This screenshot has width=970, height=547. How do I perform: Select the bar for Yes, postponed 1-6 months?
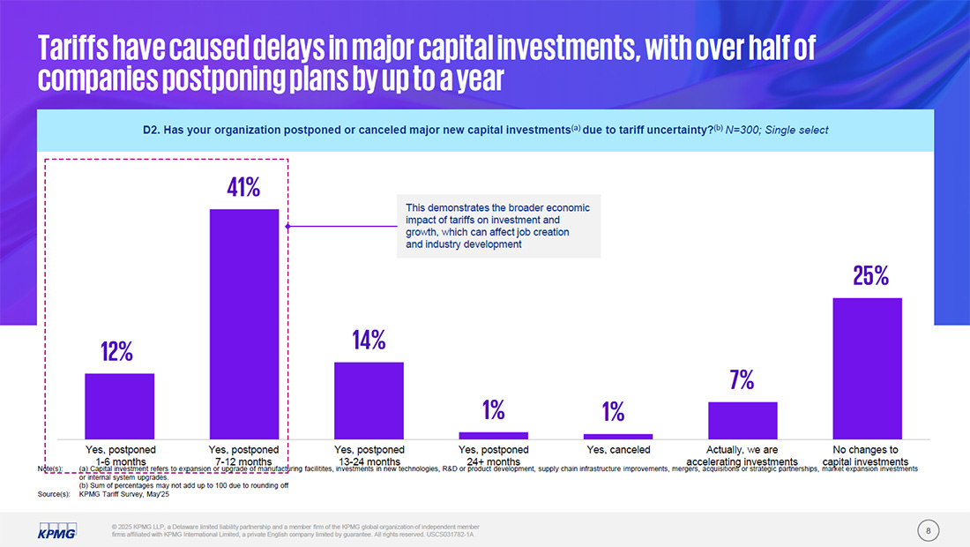[x=119, y=406]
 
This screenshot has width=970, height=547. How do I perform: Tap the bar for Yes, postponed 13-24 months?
[x=369, y=400]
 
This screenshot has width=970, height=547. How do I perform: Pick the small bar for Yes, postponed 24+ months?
[x=493, y=435]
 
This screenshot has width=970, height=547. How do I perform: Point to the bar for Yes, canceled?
[x=617, y=436]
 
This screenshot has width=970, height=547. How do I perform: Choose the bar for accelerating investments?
[x=742, y=420]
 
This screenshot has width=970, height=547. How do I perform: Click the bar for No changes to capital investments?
[x=867, y=368]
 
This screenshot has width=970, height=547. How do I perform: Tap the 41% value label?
[x=243, y=187]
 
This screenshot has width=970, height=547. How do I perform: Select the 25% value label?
[x=869, y=276]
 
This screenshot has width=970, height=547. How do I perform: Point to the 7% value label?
[x=742, y=380]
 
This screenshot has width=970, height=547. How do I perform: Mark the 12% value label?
[x=116, y=352]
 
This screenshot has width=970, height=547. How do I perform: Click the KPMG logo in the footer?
[x=57, y=529]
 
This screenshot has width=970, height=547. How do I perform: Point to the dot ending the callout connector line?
[x=288, y=227]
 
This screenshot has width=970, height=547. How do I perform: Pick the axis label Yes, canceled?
[x=617, y=450]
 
